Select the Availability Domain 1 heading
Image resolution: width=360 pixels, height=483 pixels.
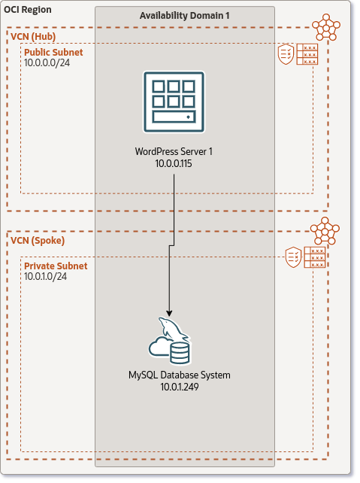pos(184,16)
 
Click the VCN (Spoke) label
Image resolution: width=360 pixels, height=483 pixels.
pos(38,241)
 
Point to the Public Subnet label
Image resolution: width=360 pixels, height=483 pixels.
pos(53,53)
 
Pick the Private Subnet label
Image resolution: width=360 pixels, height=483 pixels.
pos(56,266)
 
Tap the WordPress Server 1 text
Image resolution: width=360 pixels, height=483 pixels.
pos(174,151)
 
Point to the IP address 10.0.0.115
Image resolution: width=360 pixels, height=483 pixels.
pos(174,163)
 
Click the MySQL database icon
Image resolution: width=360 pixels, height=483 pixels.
pos(171,342)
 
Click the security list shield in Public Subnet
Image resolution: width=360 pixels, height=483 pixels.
pos(286,53)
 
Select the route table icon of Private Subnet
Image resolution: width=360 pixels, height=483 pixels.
pos(315,257)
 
